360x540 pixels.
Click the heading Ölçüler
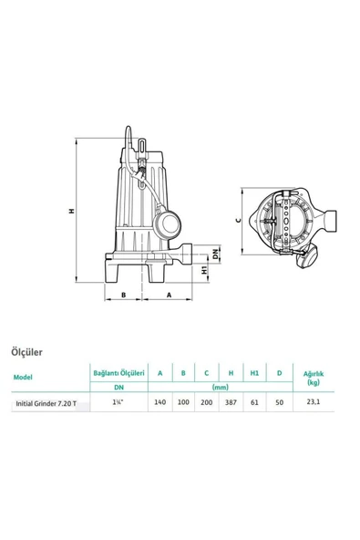(x=28, y=349)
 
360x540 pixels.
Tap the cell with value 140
(x=160, y=402)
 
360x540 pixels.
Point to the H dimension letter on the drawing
(x=71, y=211)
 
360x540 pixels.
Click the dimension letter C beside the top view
(x=236, y=220)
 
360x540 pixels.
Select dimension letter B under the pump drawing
(x=121, y=295)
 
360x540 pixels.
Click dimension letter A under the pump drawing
(x=169, y=295)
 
